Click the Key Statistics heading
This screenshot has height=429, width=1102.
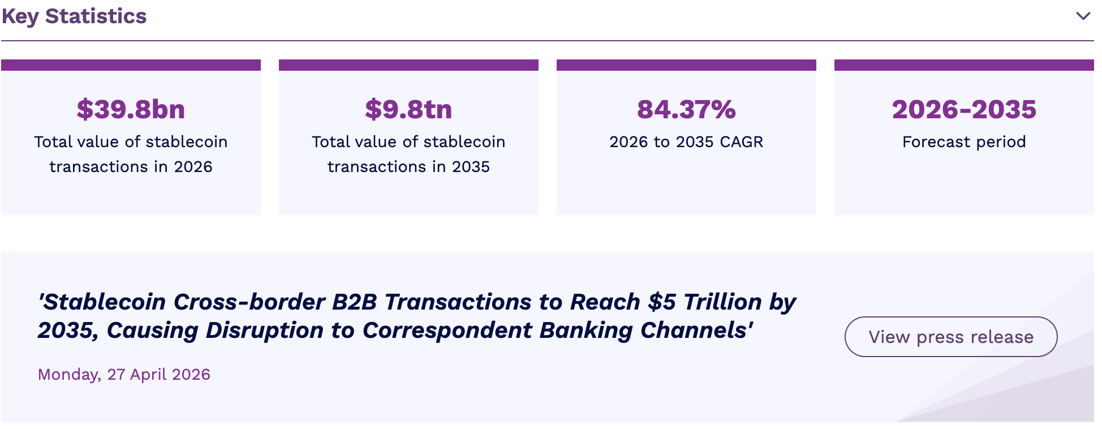pyautogui.click(x=74, y=16)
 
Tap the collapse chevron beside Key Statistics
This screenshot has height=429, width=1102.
pyautogui.click(x=1083, y=16)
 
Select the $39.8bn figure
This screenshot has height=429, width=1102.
pyautogui.click(x=131, y=109)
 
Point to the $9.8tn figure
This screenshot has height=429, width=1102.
pyautogui.click(x=408, y=109)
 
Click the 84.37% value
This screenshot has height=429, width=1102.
pyautogui.click(x=686, y=109)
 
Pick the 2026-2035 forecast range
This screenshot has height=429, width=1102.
pyautogui.click(x=964, y=109)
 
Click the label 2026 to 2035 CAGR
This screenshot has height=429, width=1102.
pyautogui.click(x=686, y=141)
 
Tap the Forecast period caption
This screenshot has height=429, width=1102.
pyautogui.click(x=964, y=141)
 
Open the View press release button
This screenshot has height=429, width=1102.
pyautogui.click(x=951, y=337)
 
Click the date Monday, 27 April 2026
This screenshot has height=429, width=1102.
pyautogui.click(x=124, y=374)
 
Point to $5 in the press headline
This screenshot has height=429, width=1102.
pyautogui.click(x=662, y=302)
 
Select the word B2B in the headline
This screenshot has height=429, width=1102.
pyautogui.click(x=354, y=302)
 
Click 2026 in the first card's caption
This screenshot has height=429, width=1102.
pyautogui.click(x=193, y=166)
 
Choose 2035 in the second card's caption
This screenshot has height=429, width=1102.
pyautogui.click(x=471, y=166)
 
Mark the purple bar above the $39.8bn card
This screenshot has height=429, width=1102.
pyautogui.click(x=131, y=65)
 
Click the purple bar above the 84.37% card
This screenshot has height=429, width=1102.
pyautogui.click(x=686, y=65)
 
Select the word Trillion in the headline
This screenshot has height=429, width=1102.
pyautogui.click(x=723, y=302)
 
